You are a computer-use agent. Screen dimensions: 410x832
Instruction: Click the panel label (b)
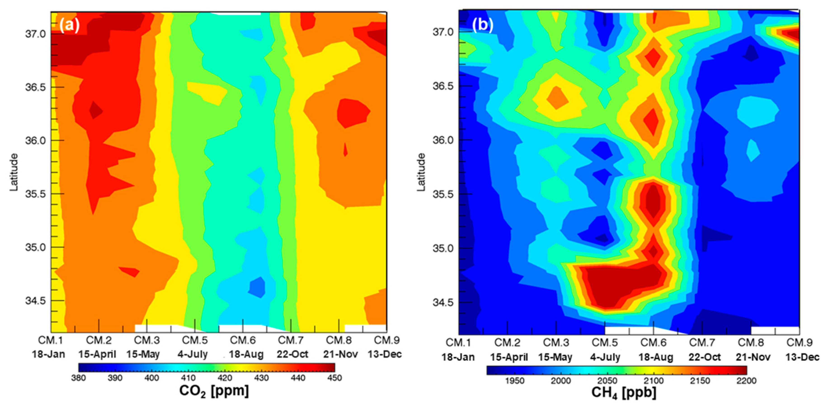click(482, 25)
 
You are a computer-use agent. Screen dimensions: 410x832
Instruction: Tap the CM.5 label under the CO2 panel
click(195, 340)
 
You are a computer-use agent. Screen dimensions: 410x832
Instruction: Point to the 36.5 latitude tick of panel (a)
click(35, 87)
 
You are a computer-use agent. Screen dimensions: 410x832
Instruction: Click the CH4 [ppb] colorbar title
click(623, 393)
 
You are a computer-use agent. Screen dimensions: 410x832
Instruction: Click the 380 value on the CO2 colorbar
click(78, 378)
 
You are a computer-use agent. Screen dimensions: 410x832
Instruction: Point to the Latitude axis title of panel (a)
click(14, 172)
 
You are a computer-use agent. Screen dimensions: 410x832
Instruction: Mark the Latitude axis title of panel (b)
click(421, 172)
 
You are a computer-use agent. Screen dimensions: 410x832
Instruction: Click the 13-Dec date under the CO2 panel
click(384, 354)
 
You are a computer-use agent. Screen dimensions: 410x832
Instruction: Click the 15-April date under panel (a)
click(97, 354)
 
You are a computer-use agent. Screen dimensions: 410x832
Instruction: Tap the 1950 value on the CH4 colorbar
click(515, 381)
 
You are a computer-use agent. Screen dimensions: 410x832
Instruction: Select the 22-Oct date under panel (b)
click(704, 357)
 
